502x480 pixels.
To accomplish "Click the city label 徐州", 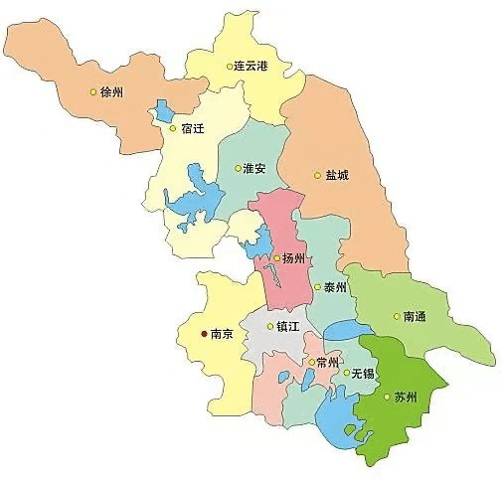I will point(111,92).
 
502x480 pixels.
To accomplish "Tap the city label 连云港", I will point(252,67).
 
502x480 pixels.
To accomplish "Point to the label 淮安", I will point(253,168).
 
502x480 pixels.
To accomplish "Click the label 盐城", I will point(337,175).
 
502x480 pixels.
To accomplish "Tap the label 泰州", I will point(334,287).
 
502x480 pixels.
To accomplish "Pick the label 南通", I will point(415,317).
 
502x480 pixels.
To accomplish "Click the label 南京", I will point(222,335).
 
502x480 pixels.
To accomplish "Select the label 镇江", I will point(289,326).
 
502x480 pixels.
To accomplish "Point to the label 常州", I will point(328,362).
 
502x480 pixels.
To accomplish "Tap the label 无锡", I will point(363,374).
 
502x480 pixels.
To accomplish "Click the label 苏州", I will point(405,399).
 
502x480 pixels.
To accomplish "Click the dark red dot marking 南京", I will point(204,335).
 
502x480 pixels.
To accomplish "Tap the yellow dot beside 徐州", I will point(93,92).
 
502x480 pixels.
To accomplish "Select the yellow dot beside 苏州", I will point(387,399).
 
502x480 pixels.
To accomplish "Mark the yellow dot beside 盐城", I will point(318,175).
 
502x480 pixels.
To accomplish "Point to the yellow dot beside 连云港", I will point(228,67).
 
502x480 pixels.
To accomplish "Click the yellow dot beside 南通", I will point(397,317).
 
